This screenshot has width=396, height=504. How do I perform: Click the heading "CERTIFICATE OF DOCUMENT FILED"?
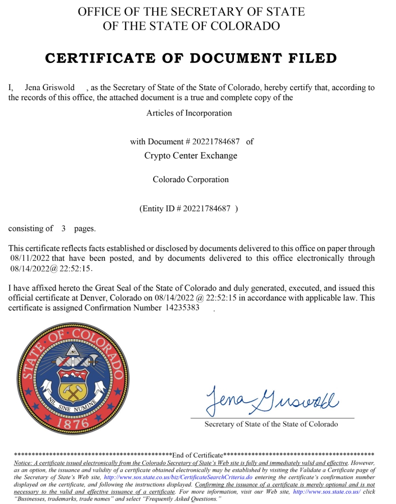(x=191, y=58)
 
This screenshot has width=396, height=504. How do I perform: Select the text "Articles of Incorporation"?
(x=189, y=113)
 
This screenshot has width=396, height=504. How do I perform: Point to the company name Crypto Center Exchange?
(x=191, y=155)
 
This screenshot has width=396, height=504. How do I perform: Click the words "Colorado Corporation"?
(x=191, y=179)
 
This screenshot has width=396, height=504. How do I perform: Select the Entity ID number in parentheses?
(x=207, y=209)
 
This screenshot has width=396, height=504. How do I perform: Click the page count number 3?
(x=63, y=229)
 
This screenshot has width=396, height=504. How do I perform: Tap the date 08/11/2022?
(x=30, y=258)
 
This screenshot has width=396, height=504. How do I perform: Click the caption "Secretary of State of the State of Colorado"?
(x=271, y=424)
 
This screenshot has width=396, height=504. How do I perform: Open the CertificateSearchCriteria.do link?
(x=178, y=477)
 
